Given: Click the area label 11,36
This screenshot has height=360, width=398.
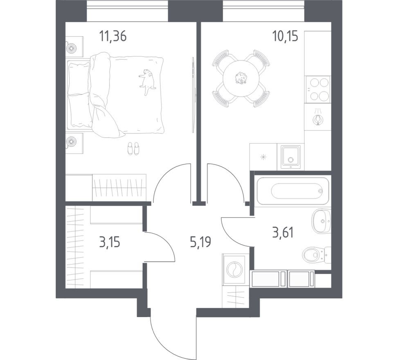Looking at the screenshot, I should (112, 36).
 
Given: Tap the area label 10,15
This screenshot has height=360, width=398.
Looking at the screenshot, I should (285, 36).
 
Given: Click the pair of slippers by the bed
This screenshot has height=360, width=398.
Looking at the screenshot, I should (133, 148).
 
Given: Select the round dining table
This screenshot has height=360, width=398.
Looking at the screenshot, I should (241, 79).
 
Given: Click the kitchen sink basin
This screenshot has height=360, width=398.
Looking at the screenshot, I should (291, 156).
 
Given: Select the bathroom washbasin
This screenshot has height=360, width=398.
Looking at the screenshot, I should (322, 221).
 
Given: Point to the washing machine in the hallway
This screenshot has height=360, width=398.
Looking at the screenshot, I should (235, 270).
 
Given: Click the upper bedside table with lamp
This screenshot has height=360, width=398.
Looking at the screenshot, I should (74, 47).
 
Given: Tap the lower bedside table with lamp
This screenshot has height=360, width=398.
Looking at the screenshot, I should (74, 142).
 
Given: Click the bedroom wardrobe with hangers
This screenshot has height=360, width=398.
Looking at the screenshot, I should (119, 188).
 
